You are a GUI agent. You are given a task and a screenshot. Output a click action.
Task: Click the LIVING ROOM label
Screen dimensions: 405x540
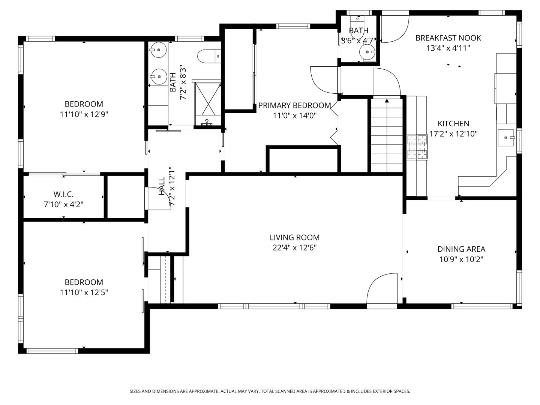[294, 237]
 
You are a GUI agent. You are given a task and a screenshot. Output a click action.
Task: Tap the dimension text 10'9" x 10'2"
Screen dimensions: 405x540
[461, 259]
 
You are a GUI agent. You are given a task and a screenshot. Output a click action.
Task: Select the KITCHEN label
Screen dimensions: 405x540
[453, 123]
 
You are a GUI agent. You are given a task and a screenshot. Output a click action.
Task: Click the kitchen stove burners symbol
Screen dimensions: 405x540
[417, 147]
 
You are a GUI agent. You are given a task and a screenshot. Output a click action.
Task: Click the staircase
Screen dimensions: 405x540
[387, 135]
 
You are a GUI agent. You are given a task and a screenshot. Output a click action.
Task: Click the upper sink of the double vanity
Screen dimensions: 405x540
[159, 49]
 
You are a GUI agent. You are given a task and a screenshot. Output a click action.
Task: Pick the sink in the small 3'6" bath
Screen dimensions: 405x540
[367, 52]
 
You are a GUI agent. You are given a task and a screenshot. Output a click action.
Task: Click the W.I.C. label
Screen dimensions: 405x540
[63, 194]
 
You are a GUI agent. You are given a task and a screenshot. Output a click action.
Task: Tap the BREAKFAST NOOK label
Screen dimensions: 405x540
[448, 38]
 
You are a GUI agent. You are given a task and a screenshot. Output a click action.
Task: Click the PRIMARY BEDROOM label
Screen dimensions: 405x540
[294, 105]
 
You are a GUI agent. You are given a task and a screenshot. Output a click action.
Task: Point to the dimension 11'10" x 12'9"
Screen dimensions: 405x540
[84, 114]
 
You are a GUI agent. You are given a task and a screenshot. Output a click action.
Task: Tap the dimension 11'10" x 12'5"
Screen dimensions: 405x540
[84, 292]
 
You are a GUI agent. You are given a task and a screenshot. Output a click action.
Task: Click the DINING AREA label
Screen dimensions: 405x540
[461, 249]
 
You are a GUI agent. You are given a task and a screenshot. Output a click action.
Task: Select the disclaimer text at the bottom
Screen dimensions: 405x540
[270, 391]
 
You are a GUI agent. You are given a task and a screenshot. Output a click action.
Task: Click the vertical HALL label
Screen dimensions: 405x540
[162, 186]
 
